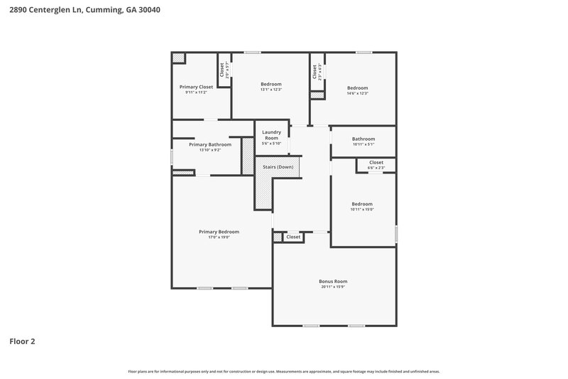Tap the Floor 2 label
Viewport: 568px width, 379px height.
(22, 341)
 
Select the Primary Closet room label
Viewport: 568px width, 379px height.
(196, 87)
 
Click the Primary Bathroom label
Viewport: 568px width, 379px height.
(210, 144)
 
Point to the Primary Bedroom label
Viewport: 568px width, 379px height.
(219, 231)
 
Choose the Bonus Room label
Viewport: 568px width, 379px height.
(333, 281)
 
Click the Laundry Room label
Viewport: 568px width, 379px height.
(272, 134)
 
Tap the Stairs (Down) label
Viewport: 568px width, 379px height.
(278, 167)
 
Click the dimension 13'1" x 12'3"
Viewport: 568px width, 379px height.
(271, 90)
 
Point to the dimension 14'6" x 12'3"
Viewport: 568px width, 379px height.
(358, 93)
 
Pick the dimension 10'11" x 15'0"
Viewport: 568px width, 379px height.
(362, 209)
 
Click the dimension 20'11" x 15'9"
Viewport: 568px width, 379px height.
(333, 287)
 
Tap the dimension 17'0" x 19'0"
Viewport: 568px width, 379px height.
(219, 237)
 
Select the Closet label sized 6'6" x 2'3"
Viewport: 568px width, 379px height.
(376, 165)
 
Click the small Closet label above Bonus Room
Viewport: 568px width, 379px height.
(293, 237)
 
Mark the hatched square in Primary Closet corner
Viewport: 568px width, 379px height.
(180, 57)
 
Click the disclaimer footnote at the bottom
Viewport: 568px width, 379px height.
(284, 371)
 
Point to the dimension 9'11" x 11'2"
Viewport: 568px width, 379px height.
(196, 92)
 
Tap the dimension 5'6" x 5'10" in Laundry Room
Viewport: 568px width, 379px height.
(272, 143)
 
